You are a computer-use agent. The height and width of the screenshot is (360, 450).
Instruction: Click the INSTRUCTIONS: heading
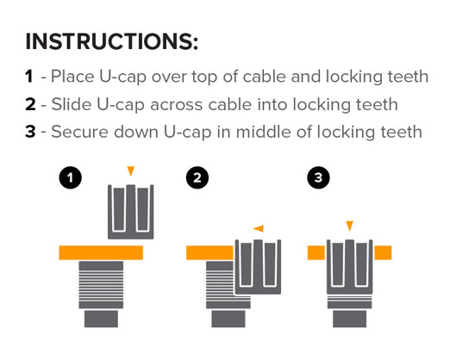tap(112, 42)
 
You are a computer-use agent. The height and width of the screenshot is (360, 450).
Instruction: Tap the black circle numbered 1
tap(71, 177)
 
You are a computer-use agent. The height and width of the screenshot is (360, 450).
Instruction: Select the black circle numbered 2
tap(197, 177)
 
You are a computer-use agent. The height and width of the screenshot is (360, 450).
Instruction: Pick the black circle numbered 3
tap(318, 177)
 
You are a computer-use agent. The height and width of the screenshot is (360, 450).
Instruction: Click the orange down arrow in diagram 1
tap(131, 171)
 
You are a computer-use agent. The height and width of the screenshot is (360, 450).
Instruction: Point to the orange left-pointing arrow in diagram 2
tap(259, 228)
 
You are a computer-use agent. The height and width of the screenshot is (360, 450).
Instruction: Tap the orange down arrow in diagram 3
tap(349, 226)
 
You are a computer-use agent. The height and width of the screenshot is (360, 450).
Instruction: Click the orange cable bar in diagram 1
tap(101, 253)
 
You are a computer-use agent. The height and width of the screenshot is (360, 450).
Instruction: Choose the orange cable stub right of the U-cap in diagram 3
tap(383, 253)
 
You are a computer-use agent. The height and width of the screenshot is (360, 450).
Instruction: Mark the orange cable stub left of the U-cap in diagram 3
tap(316, 253)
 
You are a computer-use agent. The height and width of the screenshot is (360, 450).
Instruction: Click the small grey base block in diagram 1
tap(101, 319)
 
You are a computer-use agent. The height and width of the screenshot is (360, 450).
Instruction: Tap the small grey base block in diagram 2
tap(228, 319)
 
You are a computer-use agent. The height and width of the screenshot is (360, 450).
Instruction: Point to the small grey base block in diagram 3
tap(350, 319)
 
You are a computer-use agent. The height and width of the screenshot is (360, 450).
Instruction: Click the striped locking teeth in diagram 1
tap(101, 285)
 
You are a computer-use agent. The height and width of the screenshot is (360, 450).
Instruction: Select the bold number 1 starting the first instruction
tap(28, 77)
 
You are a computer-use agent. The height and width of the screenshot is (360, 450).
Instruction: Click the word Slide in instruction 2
tap(72, 104)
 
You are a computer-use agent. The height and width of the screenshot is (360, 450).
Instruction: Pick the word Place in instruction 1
tap(72, 77)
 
